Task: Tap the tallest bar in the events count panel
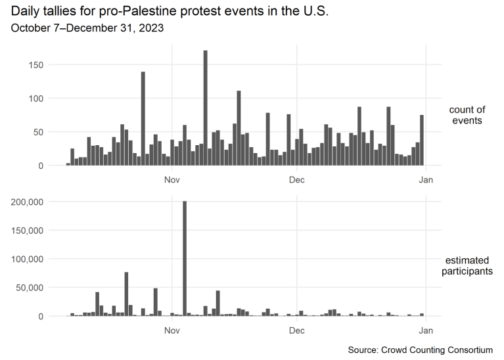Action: pyautogui.click(x=206, y=108)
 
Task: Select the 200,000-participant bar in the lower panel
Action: pyautogui.click(x=185, y=259)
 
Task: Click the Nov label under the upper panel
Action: pyautogui.click(x=172, y=179)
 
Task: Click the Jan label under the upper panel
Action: pyautogui.click(x=426, y=179)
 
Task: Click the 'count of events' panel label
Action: pyautogui.click(x=467, y=116)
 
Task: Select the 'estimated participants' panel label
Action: pyautogui.click(x=467, y=265)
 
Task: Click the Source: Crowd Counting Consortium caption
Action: pyautogui.click(x=421, y=349)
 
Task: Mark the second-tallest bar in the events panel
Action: pyautogui.click(x=143, y=118)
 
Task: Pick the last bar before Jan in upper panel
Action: pyautogui.click(x=422, y=140)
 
